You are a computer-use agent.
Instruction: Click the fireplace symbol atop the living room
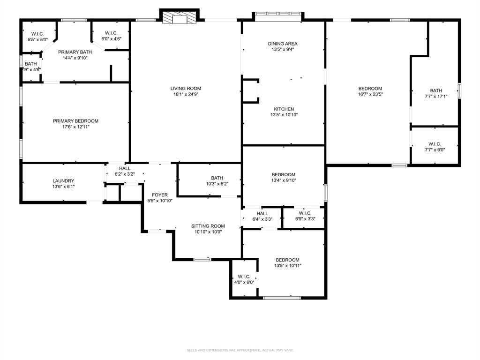tap(179, 18)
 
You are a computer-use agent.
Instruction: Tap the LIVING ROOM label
tap(186, 88)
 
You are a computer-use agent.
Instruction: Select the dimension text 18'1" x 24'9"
tap(186, 94)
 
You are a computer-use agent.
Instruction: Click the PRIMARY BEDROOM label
tap(75, 121)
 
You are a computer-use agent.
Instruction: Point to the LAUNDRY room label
tap(63, 181)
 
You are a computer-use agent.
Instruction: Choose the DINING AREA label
tap(283, 44)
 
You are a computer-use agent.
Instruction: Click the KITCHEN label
tap(284, 109)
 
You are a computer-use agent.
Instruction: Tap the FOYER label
tap(159, 195)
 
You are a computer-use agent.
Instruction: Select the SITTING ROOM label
tap(208, 226)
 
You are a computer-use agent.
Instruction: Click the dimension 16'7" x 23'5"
tap(370, 94)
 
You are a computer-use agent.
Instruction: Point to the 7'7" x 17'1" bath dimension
tap(436, 97)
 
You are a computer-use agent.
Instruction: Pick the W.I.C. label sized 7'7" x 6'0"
tap(435, 144)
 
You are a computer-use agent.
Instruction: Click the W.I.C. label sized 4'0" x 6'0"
tap(244, 277)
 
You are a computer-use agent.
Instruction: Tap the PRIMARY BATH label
tap(75, 52)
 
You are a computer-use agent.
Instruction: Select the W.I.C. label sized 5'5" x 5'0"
tap(37, 34)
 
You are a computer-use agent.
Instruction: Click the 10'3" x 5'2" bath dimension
tap(217, 184)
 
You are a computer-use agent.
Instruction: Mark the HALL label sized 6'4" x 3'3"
tap(262, 213)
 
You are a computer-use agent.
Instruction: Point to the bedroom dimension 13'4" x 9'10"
tap(283, 180)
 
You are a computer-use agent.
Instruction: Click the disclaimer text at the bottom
tap(240, 350)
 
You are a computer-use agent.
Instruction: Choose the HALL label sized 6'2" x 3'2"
tap(125, 168)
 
